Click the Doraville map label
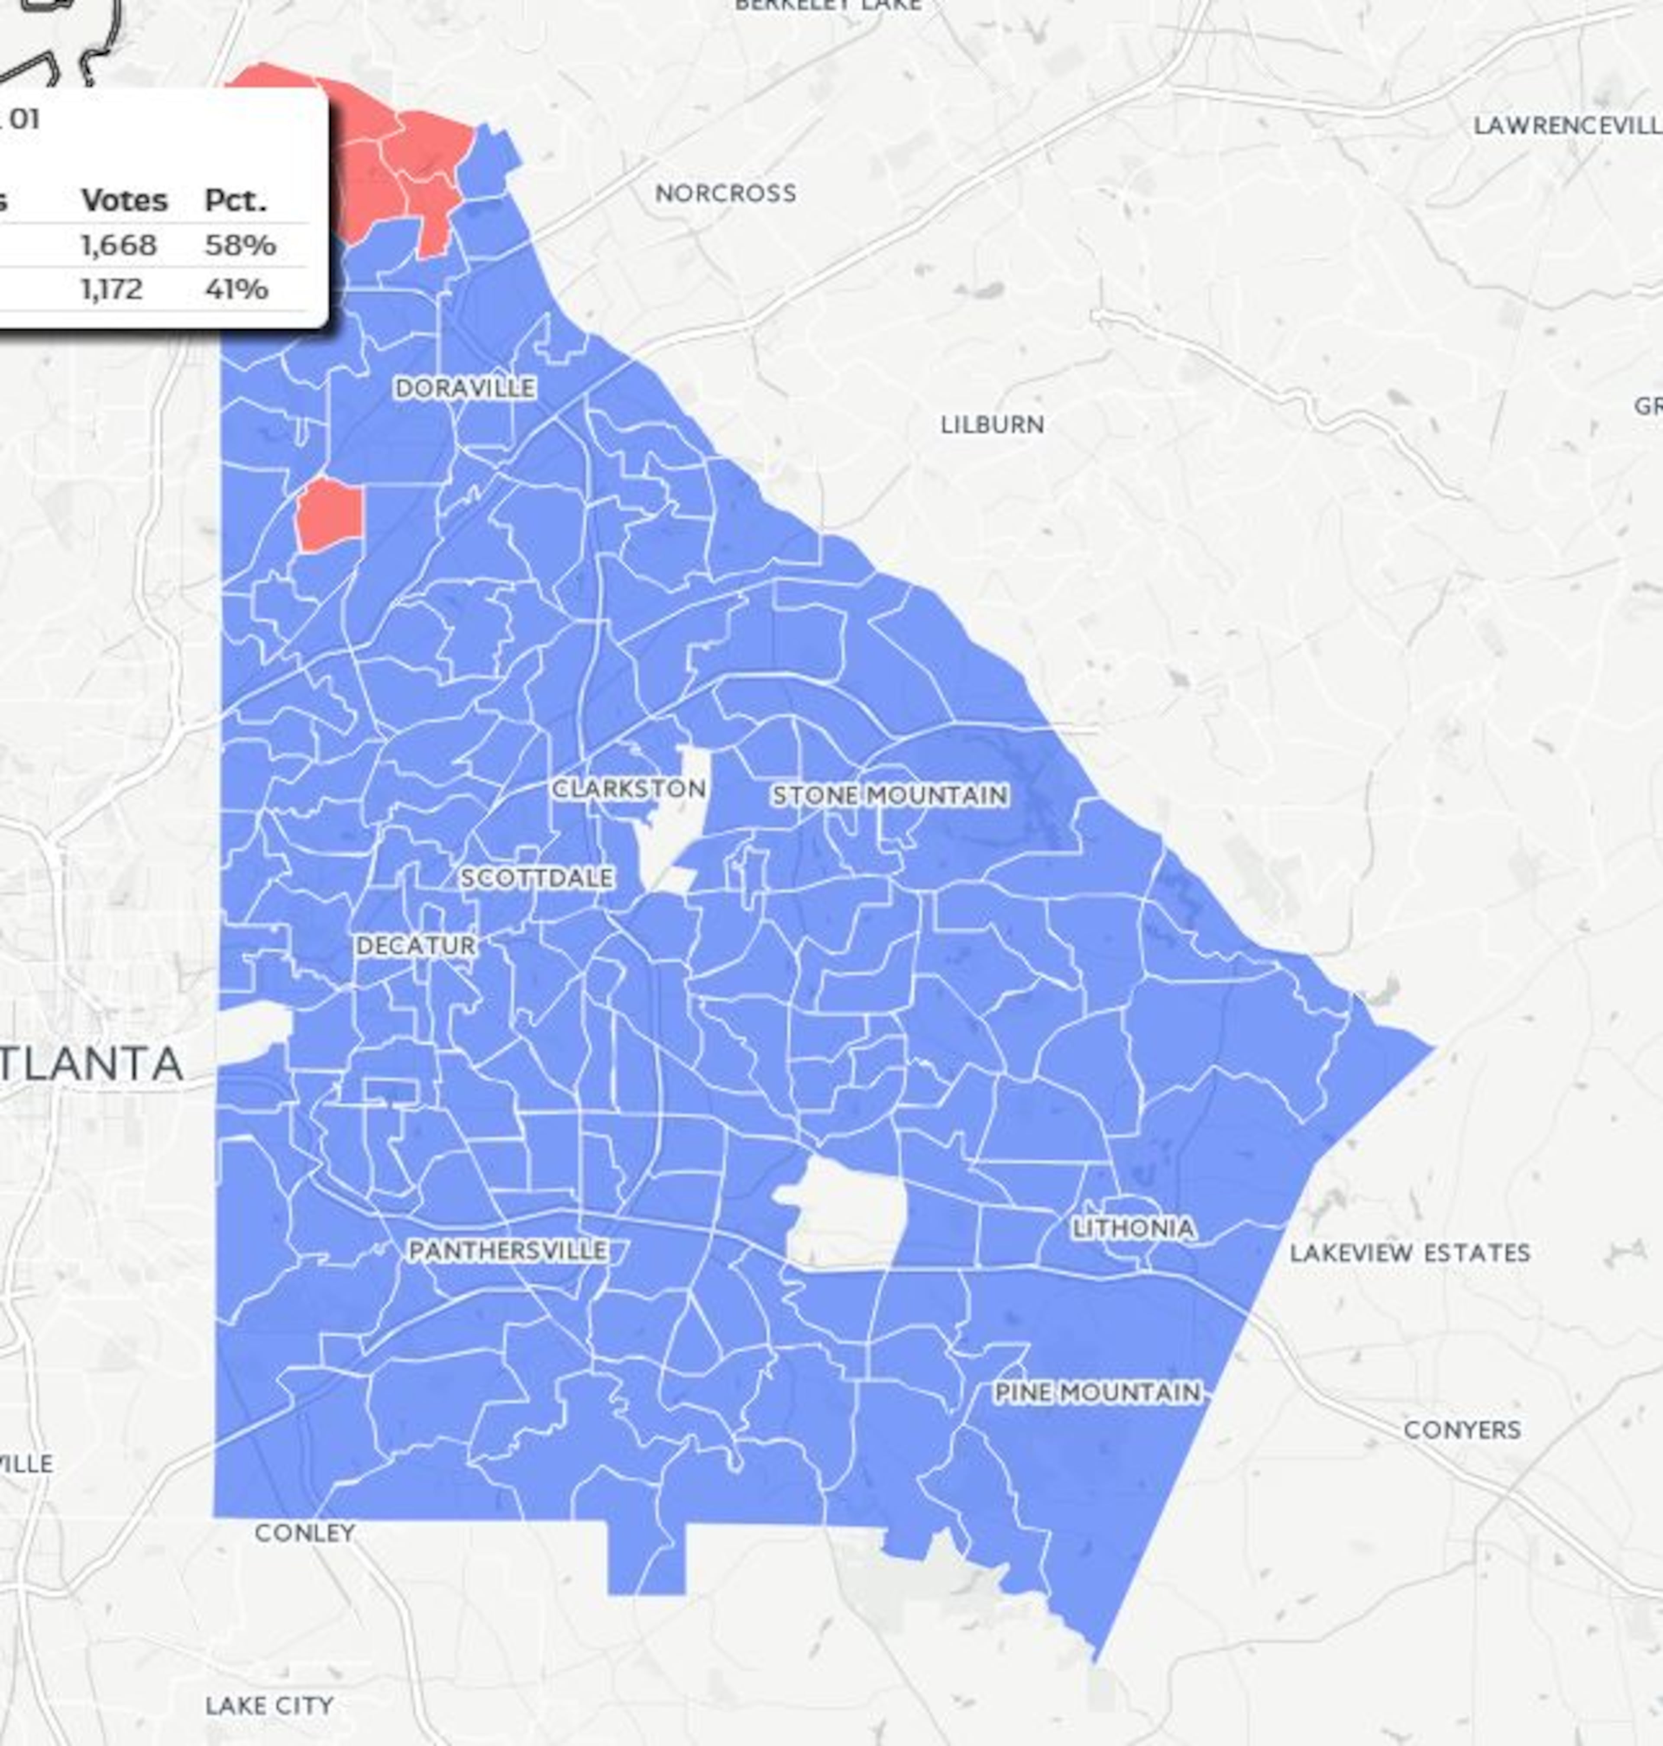tap(465, 389)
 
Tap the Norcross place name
tap(725, 193)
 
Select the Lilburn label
tap(992, 425)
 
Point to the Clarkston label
tap(628, 788)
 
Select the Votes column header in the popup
tap(124, 201)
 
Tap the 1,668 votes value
tap(119, 245)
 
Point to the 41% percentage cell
tap(236, 289)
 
